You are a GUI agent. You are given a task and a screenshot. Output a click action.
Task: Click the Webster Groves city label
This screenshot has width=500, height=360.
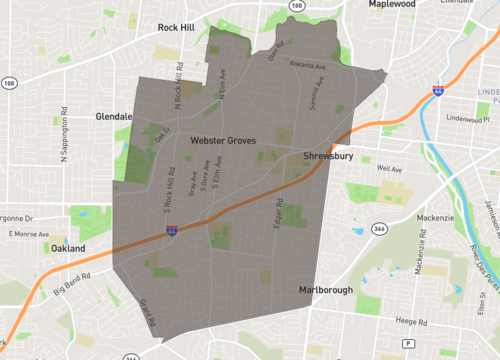pyautogui.click(x=223, y=142)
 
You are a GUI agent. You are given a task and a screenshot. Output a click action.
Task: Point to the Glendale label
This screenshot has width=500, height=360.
pyautogui.click(x=114, y=116)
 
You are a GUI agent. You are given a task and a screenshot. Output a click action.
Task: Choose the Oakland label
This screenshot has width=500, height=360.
pyautogui.click(x=69, y=247)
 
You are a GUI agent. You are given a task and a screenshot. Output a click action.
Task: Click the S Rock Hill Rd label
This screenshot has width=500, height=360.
pyautogui.click(x=168, y=189)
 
